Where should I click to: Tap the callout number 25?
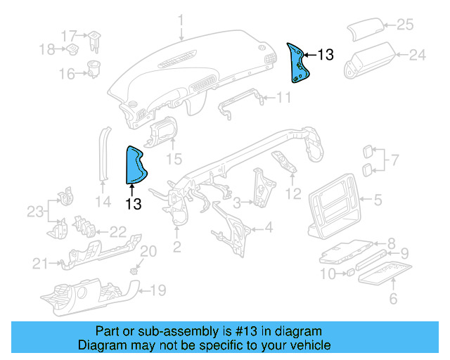[x=405, y=25]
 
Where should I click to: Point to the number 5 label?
[x=378, y=200]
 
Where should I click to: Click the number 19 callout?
[x=159, y=288]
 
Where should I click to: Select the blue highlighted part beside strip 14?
[x=135, y=165]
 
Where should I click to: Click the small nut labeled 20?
[x=133, y=270]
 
